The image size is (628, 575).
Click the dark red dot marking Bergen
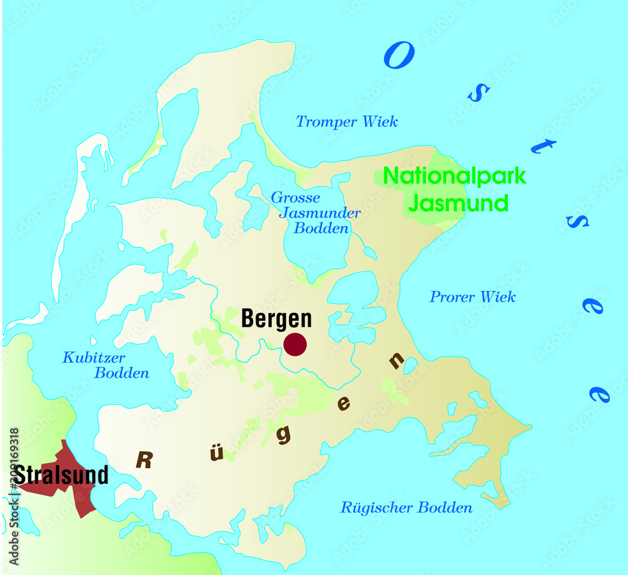pos(295,344)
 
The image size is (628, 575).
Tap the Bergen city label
pos(276,319)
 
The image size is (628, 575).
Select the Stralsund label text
pos(62,475)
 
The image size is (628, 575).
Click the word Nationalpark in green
pos(455,177)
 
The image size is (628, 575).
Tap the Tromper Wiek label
pos(347,122)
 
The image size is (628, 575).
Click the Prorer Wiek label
pos(472,297)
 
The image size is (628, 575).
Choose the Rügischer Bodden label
pos(406,508)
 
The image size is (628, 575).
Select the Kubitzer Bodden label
pos(106,365)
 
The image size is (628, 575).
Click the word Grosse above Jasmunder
pos(295,198)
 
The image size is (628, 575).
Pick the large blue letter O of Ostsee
pos(399,57)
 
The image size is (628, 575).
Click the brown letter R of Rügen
pos(144,461)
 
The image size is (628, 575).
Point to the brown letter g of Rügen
pos(284,434)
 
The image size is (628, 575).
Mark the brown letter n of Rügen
pos(396,361)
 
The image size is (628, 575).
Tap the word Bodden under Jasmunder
pos(321,228)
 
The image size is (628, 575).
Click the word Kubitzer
pos(94,358)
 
